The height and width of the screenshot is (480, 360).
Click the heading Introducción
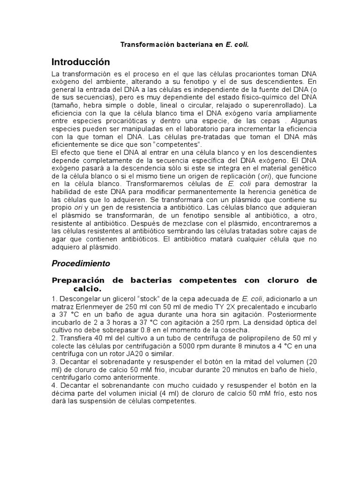(81, 62)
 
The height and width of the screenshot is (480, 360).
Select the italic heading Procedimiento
(81, 263)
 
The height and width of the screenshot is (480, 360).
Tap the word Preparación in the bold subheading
(78, 280)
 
